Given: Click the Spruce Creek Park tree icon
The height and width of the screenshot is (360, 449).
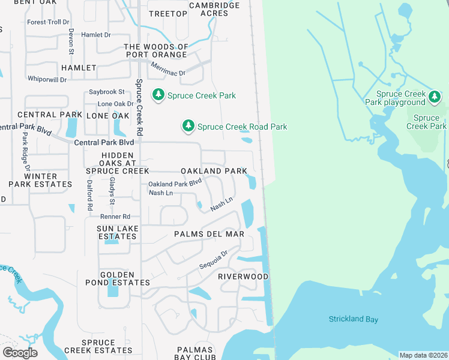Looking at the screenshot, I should [x=158, y=95].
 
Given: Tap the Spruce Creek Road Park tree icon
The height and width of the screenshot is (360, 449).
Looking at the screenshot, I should [x=188, y=126].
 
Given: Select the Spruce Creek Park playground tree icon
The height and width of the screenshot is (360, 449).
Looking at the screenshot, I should [x=435, y=97].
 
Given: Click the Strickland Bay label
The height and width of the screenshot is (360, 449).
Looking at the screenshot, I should [x=354, y=319].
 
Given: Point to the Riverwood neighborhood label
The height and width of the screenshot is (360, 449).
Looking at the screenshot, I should [x=243, y=277].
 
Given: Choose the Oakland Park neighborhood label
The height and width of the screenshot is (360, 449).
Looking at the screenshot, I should [x=214, y=171].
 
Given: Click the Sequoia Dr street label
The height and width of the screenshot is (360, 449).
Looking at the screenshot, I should [x=214, y=261].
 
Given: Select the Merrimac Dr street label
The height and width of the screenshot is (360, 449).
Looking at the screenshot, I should [x=168, y=69].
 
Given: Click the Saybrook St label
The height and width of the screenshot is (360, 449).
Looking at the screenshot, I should [x=106, y=92].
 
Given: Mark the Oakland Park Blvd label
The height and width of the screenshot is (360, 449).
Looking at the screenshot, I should [x=175, y=184].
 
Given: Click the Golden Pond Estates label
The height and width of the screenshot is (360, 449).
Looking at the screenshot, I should [x=125, y=278].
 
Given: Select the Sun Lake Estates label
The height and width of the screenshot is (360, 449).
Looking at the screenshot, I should [x=118, y=233].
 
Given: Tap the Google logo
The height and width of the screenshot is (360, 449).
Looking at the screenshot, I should [x=20, y=352].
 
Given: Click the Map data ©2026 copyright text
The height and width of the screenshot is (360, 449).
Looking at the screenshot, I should [x=423, y=355].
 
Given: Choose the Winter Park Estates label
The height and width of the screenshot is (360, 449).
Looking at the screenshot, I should [x=41, y=180].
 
